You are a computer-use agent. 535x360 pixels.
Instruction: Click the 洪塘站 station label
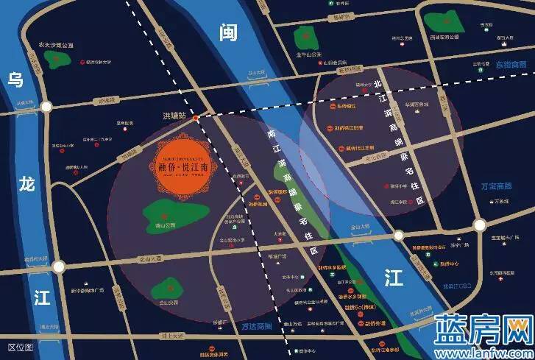click(176, 116)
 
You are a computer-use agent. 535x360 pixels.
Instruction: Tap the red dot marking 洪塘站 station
click(196, 118)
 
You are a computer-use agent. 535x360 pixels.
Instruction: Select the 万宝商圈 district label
click(495, 186)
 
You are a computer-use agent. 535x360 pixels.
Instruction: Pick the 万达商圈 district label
click(256, 325)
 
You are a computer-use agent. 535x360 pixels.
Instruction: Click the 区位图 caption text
click(21, 345)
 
